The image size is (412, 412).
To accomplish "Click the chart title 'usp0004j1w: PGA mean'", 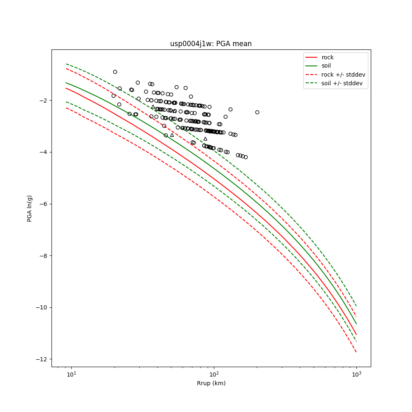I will pos(211,44).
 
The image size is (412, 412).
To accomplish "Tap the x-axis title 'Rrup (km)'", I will pos(211,383).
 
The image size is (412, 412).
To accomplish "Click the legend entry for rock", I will pos(328,57).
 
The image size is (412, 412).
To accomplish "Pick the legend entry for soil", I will pos(327,66).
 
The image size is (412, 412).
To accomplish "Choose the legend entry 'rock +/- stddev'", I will pos(343,75).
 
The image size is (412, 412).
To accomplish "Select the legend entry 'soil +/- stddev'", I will pos(343,83).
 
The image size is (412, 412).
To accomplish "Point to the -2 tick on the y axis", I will pos(44,101).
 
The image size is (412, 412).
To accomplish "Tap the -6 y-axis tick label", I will pos(44,204).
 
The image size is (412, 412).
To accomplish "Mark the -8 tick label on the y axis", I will pos(44,256).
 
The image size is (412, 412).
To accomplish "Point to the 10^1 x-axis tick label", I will pos(72,375).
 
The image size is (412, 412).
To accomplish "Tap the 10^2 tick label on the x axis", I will pos(214,375).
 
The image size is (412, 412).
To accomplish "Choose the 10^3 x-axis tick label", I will pos(356,375).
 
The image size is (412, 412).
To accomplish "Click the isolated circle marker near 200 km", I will pos(257,112).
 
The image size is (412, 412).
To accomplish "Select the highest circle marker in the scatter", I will pos(115,72).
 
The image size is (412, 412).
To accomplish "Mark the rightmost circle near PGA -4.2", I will pos(246,157).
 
